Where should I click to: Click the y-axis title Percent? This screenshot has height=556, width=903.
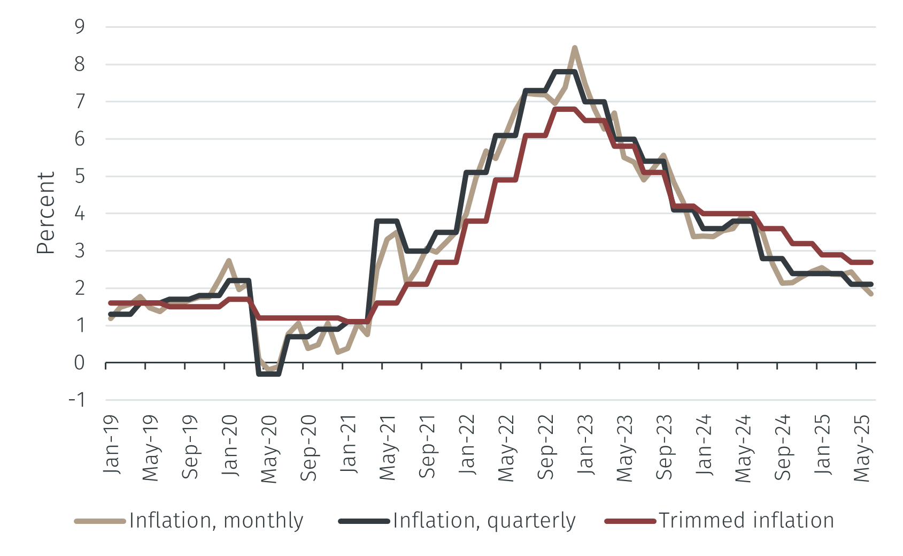click(x=46, y=213)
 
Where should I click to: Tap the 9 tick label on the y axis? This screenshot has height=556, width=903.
click(x=80, y=27)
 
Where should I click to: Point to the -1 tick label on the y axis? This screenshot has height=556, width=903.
click(x=76, y=400)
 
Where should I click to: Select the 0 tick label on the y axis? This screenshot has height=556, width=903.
click(x=80, y=363)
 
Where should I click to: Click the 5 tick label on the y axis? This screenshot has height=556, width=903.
click(x=80, y=176)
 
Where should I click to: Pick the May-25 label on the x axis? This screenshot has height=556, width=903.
click(x=862, y=448)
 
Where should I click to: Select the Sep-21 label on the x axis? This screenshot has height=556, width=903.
click(x=427, y=446)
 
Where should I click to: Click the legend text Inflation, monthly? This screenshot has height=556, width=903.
click(x=216, y=520)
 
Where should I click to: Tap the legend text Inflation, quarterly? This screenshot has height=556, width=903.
click(x=484, y=520)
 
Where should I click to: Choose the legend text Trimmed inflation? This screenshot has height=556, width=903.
click(x=746, y=520)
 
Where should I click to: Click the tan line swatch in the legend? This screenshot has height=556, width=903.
click(x=100, y=521)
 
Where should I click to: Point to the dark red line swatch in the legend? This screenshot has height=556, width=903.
click(x=630, y=521)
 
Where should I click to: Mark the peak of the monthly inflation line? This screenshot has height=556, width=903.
click(x=575, y=48)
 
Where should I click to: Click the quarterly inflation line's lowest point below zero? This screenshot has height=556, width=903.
click(x=269, y=374)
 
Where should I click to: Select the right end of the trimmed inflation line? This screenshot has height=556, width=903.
click(x=871, y=262)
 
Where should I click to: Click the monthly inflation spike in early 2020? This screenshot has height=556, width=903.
click(x=229, y=261)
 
